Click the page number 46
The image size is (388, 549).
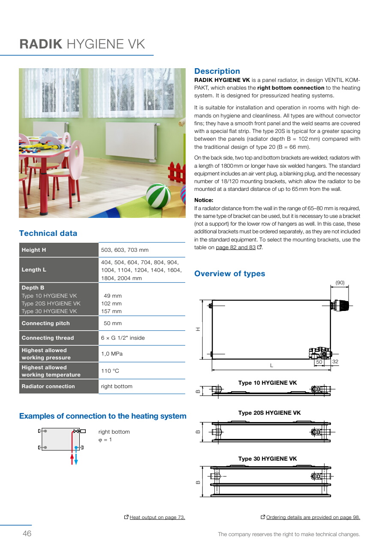click(27, 534)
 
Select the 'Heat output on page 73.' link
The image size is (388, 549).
click(157, 517)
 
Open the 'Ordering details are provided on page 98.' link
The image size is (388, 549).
click(313, 517)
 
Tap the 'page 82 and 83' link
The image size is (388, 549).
click(235, 247)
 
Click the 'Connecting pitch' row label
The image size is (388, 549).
click(45, 323)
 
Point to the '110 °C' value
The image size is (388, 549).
click(110, 371)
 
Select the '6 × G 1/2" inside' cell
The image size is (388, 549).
click(123, 338)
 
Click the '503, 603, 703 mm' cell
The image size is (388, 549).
click(125, 250)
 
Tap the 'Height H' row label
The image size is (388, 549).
click(34, 250)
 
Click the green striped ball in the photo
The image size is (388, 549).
click(158, 196)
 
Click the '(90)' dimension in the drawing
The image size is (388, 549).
click(340, 283)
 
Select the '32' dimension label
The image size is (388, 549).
click(335, 362)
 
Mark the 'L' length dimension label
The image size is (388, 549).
click(271, 365)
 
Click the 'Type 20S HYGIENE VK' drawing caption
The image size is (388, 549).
click(269, 413)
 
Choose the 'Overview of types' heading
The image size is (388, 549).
click(229, 274)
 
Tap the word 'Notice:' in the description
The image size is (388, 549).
click(204, 200)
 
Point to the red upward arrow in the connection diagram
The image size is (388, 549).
click(72, 458)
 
